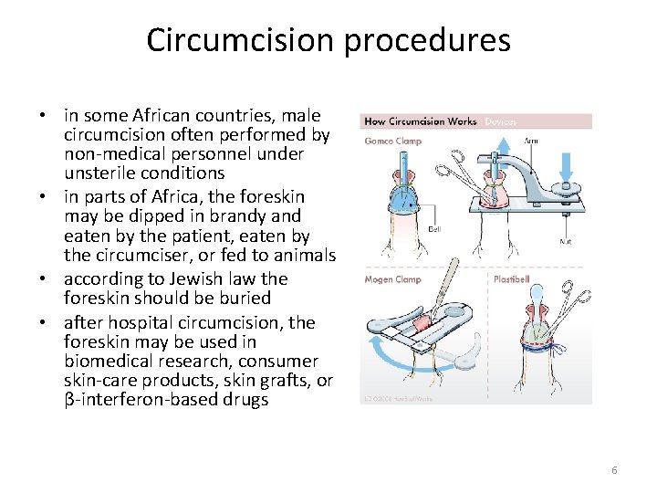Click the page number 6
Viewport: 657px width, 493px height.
[x=614, y=469]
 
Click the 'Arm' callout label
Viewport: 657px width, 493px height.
[x=531, y=141]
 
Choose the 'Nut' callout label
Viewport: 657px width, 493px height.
[x=566, y=241]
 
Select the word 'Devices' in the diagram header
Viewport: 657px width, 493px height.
[x=500, y=121]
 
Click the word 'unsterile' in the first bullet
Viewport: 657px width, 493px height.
[x=101, y=173]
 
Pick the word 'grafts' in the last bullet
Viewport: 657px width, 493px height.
[x=285, y=381]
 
